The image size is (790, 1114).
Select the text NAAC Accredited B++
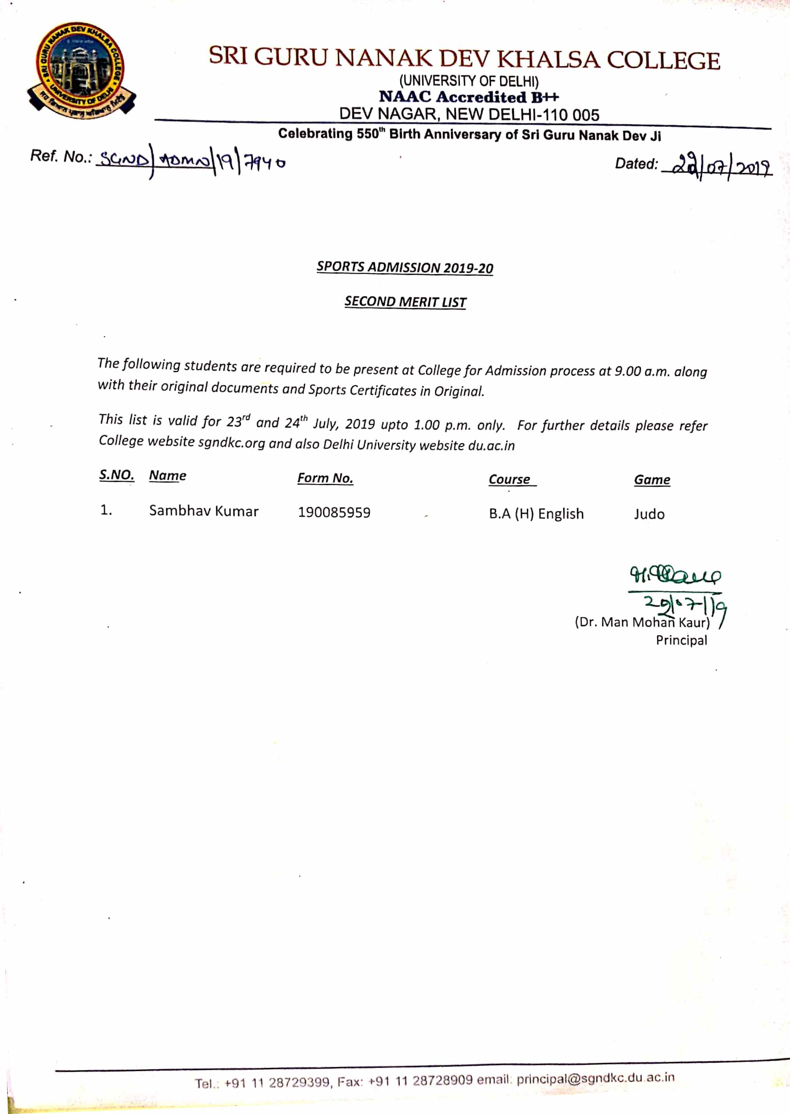tap(469, 97)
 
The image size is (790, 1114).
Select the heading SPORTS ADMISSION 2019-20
tap(405, 268)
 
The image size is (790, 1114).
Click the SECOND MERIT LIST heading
tap(405, 302)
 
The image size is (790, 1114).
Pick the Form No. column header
tap(325, 478)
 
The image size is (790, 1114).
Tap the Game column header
tap(652, 480)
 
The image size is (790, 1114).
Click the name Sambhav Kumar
tap(203, 511)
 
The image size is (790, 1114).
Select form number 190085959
tap(334, 512)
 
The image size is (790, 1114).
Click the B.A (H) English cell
tap(536, 514)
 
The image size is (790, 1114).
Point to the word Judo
tap(649, 514)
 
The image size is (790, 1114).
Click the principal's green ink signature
tap(675, 577)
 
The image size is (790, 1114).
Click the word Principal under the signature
tap(681, 640)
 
